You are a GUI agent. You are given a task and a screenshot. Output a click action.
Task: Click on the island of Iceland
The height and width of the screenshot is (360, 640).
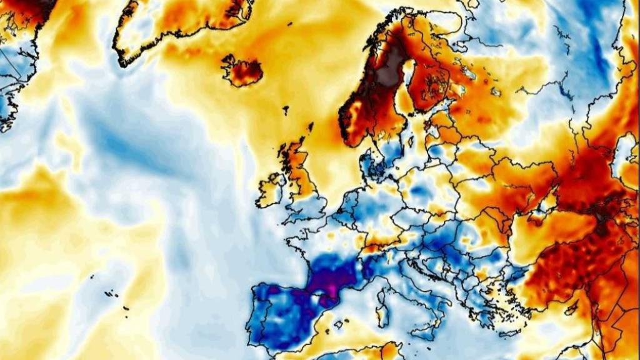click(x=242, y=71)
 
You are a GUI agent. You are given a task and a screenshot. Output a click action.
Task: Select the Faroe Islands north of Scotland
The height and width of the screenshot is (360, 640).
click(x=285, y=111)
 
